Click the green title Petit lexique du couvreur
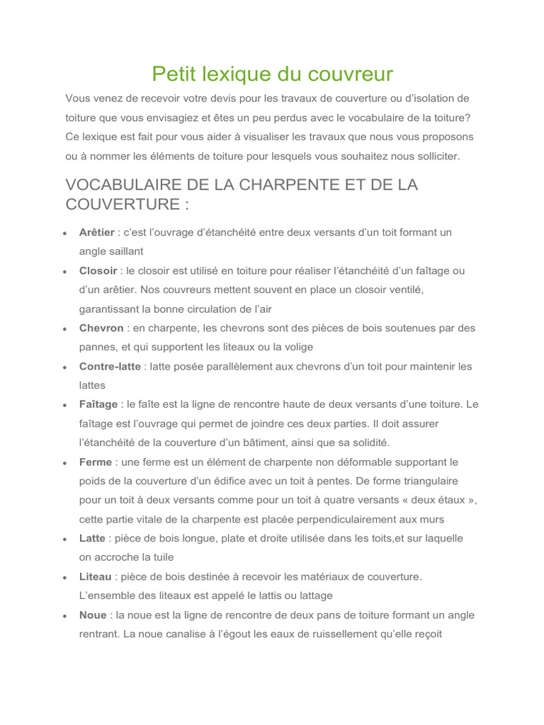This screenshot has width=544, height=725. pyautogui.click(x=272, y=74)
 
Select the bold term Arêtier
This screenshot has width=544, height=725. pyautogui.click(x=96, y=232)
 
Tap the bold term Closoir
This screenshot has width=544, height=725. pyautogui.click(x=98, y=270)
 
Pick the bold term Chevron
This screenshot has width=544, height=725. pyautogui.click(x=101, y=328)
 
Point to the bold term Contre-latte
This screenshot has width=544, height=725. pyautogui.click(x=109, y=367)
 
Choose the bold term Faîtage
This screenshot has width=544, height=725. pyautogui.click(x=98, y=404)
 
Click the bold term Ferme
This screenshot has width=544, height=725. pyautogui.click(x=96, y=462)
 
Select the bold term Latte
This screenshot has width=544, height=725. pyautogui.click(x=92, y=538)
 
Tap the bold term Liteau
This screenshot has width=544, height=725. pyautogui.click(x=95, y=576)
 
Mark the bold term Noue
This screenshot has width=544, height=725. pyautogui.click(x=93, y=615)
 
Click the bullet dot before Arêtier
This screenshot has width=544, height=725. pyautogui.click(x=64, y=233)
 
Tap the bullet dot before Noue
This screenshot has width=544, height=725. pyautogui.click(x=64, y=615)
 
